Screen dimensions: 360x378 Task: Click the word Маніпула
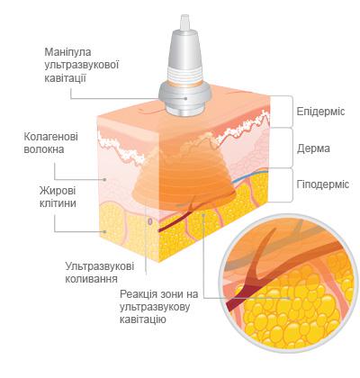[67, 52]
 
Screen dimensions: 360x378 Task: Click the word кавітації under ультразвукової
[66, 78]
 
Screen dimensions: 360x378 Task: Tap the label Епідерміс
[320, 112]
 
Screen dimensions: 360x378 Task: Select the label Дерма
[313, 148]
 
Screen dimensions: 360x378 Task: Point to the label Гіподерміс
[323, 184]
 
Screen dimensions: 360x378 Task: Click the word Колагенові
[50, 137]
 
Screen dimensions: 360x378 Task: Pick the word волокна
[44, 149]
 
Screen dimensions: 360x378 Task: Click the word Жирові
[58, 191]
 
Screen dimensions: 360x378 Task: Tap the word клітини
[58, 203]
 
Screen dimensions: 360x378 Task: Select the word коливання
[91, 279]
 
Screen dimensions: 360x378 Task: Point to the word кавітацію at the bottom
[143, 319]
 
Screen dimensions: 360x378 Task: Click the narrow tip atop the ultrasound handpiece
[184, 22]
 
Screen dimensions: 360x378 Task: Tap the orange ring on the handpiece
[184, 85]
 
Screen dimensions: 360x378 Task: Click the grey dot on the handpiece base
[186, 98]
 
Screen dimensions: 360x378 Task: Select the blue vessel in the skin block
[250, 174]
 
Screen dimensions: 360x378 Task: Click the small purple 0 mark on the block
[150, 222]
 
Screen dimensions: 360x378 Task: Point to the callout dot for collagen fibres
[104, 179]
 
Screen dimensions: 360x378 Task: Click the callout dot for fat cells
[104, 231]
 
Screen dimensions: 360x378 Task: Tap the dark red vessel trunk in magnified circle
[240, 297]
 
